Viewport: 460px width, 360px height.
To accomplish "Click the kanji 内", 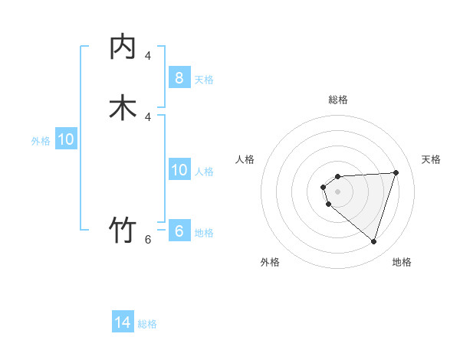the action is click(x=123, y=47).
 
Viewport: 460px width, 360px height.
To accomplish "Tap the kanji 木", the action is click(x=123, y=107).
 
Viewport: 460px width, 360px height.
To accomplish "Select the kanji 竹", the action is click(x=123, y=230).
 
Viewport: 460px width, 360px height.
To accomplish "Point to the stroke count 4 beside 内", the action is click(x=148, y=56).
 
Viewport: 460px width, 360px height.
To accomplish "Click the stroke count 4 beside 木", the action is click(x=148, y=116).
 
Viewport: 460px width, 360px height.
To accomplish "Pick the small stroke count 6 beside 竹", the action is click(x=148, y=240).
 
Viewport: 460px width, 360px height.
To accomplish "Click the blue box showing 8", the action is click(x=179, y=77).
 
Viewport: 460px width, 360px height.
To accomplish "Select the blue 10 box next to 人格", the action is click(x=179, y=170).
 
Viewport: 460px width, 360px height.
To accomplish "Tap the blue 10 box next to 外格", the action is click(x=66, y=139).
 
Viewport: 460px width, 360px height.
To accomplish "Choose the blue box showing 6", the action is click(x=179, y=231).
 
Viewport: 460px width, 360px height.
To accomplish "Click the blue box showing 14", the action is click(x=123, y=322).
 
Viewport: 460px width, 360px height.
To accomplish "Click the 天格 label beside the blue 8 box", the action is click(x=204, y=79).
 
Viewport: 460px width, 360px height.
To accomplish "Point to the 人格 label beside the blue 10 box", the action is click(x=204, y=172).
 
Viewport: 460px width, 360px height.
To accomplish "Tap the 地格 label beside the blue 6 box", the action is click(x=204, y=233).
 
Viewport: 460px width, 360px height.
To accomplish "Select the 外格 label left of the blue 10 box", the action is click(x=41, y=141).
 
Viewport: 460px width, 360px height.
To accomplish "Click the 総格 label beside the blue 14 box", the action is click(x=147, y=324).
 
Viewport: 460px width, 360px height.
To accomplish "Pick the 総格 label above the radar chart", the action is click(x=338, y=100).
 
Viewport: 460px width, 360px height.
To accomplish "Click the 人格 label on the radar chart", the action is click(x=245, y=159).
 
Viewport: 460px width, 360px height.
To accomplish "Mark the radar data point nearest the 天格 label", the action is click(x=396, y=172).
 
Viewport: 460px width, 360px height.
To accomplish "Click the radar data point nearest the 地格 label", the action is click(x=373, y=241).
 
